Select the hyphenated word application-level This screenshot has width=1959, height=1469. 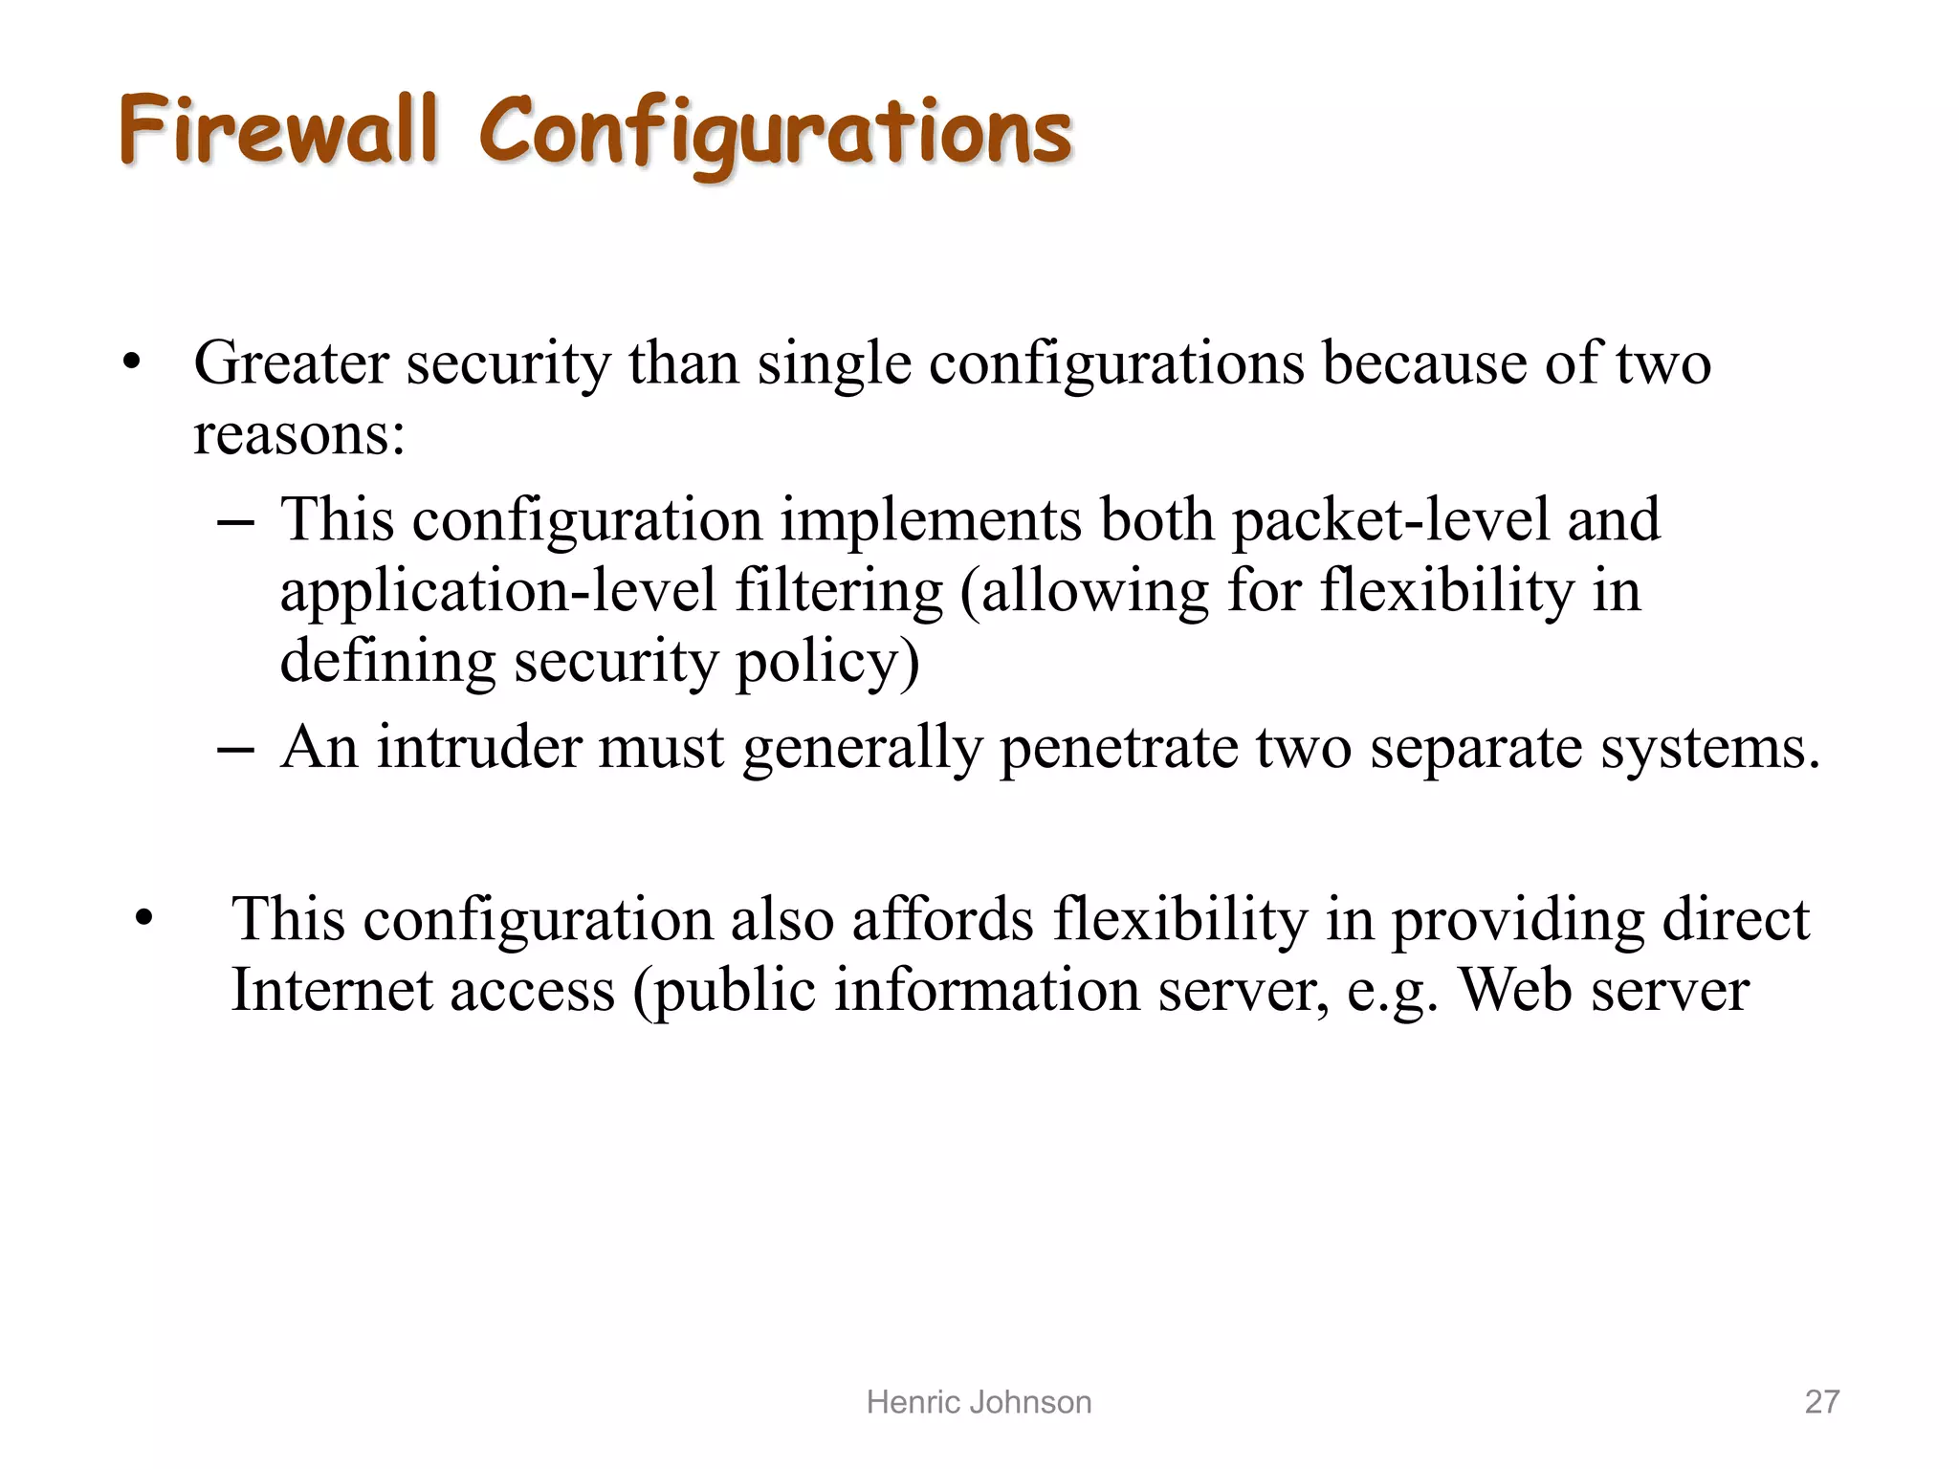(497, 592)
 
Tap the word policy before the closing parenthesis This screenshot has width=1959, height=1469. (819, 663)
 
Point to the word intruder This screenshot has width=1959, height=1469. (478, 747)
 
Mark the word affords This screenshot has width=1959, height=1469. (942, 920)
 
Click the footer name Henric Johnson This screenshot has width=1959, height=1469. (979, 1402)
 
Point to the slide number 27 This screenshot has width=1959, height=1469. (1821, 1402)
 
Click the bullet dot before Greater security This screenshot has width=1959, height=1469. (132, 364)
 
